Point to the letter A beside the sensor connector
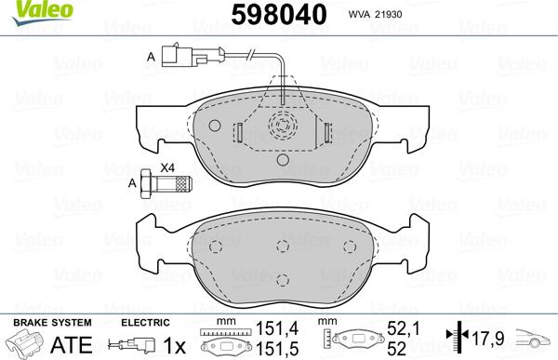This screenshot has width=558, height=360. pyautogui.click(x=151, y=58)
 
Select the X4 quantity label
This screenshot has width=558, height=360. pyautogui.click(x=167, y=167)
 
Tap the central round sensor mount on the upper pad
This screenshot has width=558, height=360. pyautogui.click(x=282, y=127)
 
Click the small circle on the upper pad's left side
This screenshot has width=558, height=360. pyautogui.click(x=215, y=125)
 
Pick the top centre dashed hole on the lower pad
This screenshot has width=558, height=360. pyautogui.click(x=282, y=245)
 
